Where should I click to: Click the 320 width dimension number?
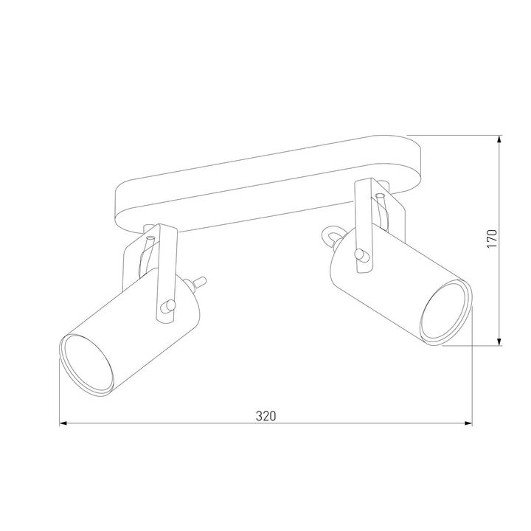[265, 415]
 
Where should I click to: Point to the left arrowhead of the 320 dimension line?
[64, 424]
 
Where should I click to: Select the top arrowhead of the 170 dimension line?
[501, 139]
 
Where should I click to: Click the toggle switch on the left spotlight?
[199, 281]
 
